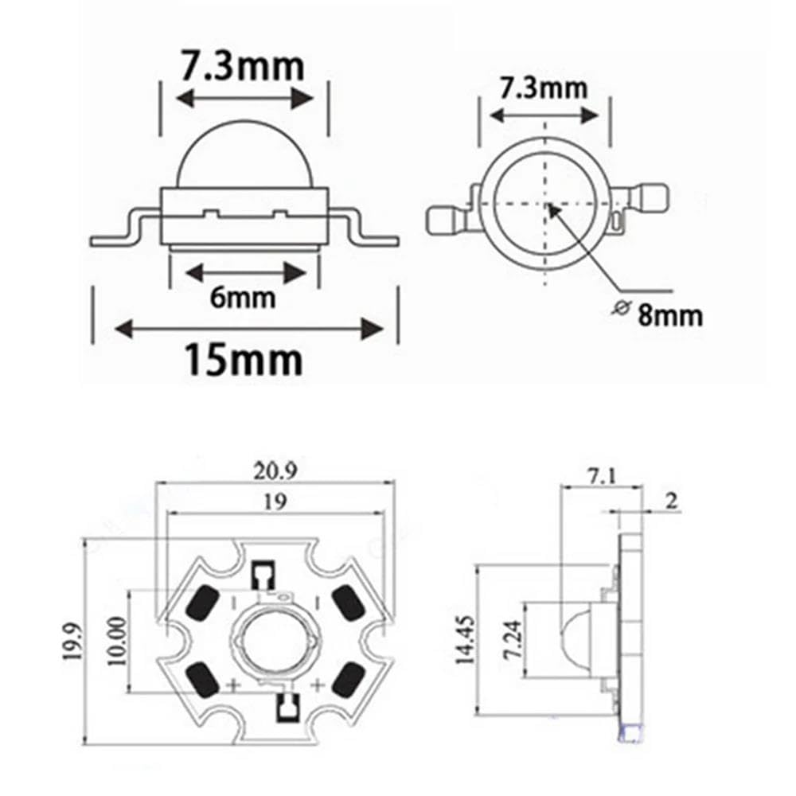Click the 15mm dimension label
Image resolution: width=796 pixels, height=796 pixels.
coord(243,359)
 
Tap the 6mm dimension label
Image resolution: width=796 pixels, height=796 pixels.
coord(243,297)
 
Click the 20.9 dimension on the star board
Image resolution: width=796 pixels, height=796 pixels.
coord(275,471)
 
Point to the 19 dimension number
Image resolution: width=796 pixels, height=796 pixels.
coord(275,501)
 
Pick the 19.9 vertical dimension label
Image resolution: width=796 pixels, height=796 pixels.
coord(72,642)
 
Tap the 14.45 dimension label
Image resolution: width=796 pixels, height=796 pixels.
coord(465,640)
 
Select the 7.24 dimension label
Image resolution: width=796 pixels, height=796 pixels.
coord(512,639)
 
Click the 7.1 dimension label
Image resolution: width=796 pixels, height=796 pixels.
coord(602,476)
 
